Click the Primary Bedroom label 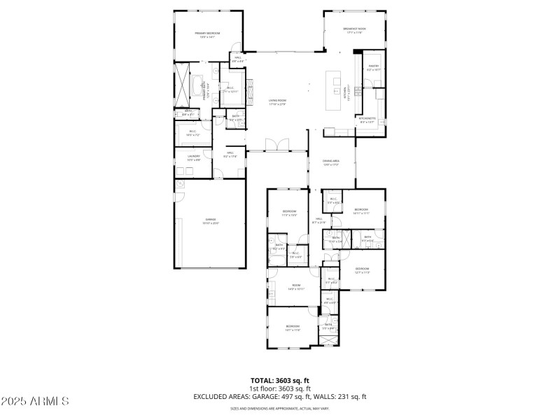208,35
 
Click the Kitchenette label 367,120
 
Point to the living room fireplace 253,90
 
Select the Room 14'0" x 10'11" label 296,287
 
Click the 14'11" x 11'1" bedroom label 361,211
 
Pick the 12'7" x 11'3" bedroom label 362,270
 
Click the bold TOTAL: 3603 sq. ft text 279,381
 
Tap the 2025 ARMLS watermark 35,401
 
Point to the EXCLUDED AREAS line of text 279,396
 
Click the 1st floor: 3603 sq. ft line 279,388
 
